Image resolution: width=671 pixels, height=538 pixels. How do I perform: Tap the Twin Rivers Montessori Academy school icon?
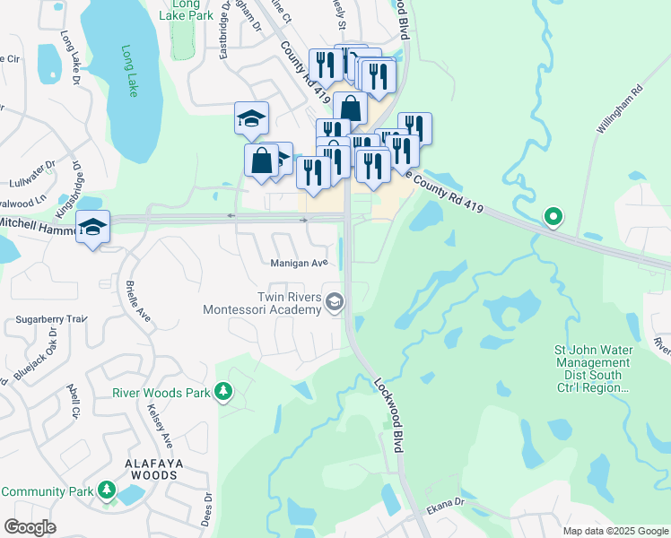(x=335, y=302)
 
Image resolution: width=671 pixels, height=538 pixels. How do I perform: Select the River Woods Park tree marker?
(x=223, y=393)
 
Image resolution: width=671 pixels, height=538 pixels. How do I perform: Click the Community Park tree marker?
(x=108, y=491)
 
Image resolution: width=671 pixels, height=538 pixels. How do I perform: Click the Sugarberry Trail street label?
(x=50, y=318)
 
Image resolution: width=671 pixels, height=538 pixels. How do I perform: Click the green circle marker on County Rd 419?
(x=554, y=216)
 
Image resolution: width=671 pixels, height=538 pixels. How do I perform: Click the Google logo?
(x=30, y=527)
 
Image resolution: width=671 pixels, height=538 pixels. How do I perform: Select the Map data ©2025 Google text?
(x=614, y=531)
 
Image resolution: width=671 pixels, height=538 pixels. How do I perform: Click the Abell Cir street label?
(x=74, y=401)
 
